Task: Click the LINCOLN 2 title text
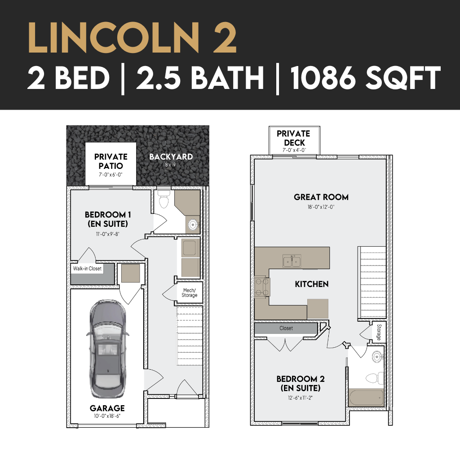click(133, 39)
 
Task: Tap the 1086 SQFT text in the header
click(366, 78)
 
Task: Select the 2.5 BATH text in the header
click(200, 78)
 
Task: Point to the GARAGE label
click(107, 408)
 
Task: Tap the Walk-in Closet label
click(87, 269)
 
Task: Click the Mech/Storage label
click(189, 293)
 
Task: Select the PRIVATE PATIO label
click(111, 161)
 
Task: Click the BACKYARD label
click(171, 157)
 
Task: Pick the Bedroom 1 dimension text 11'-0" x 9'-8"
click(108, 234)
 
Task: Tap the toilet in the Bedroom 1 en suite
click(164, 199)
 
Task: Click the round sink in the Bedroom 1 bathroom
click(193, 225)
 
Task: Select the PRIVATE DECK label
click(294, 138)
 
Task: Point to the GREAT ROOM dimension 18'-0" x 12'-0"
click(321, 207)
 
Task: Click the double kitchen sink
click(292, 261)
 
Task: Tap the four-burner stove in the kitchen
click(262, 287)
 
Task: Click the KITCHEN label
click(312, 284)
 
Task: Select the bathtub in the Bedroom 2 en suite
click(366, 397)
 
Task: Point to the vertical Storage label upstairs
click(379, 332)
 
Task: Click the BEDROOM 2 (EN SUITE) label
click(301, 384)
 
